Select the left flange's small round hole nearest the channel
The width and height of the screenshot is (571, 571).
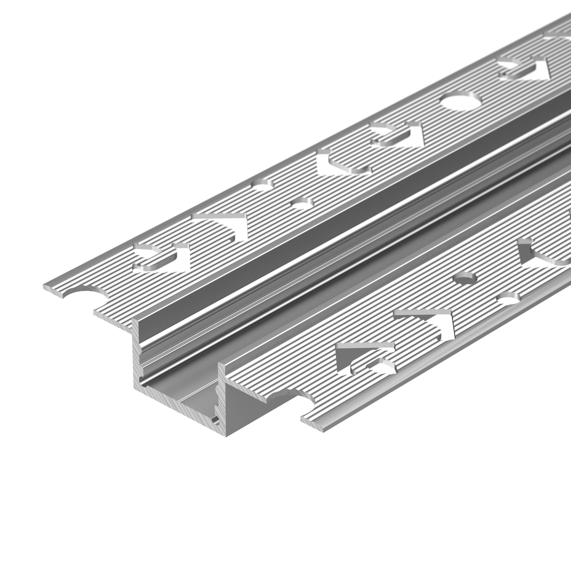302,203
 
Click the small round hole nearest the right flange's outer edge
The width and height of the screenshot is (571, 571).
508,298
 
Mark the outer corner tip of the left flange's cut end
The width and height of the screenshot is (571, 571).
44,286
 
